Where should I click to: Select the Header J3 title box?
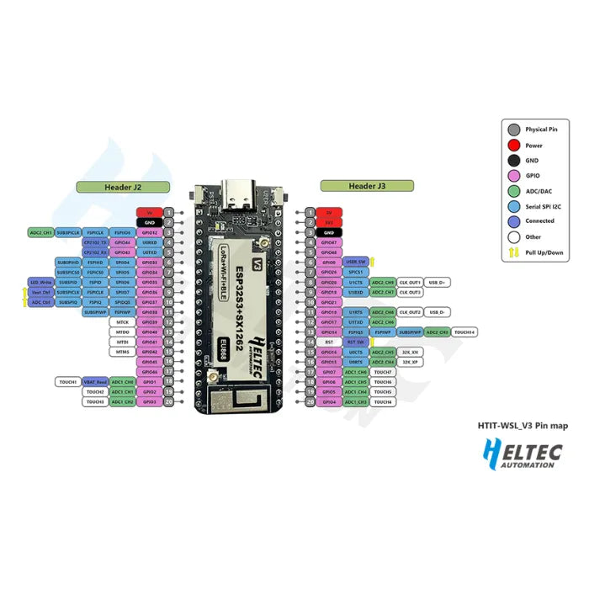tap(367, 186)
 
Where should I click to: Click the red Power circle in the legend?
tap(513, 145)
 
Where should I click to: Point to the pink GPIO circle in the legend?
tap(513, 175)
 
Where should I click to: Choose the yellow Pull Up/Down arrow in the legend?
tap(513, 252)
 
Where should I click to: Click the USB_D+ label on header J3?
tap(438, 282)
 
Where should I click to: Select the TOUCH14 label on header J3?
tap(465, 332)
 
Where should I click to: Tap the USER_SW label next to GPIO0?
tap(356, 262)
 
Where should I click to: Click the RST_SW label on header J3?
tap(356, 342)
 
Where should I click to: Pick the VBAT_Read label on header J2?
tap(95, 382)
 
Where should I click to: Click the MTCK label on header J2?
tap(123, 322)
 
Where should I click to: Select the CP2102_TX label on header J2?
tap(95, 241)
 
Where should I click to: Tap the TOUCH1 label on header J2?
tap(68, 382)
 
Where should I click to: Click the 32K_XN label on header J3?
tap(411, 353)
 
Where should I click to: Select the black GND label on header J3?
tap(329, 231)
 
